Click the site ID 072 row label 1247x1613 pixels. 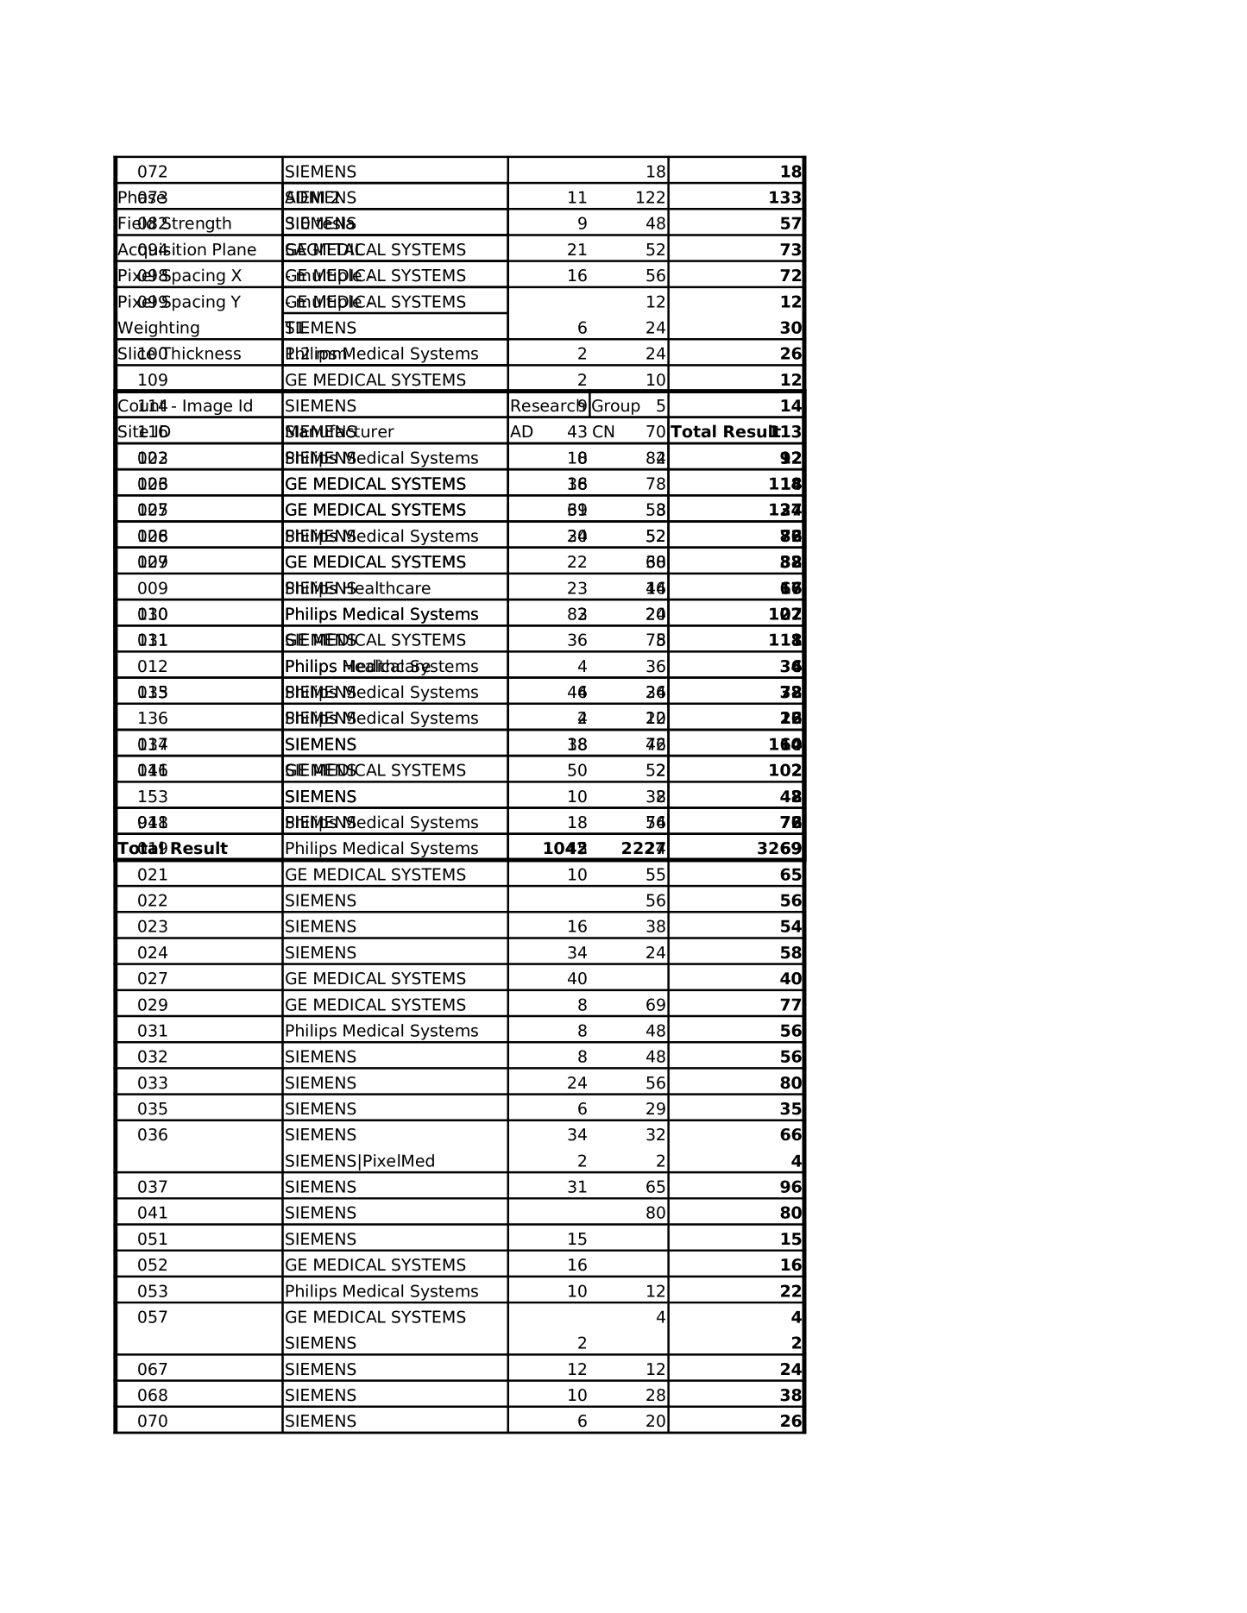click(153, 172)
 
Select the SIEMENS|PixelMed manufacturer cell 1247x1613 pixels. click(360, 1161)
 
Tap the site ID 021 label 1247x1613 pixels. click(153, 875)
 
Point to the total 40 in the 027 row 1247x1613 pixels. click(790, 979)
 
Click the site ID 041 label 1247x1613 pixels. click(153, 1213)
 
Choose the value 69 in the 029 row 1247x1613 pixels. click(655, 1005)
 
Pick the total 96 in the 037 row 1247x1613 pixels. click(790, 1187)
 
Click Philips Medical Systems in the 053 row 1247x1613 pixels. click(381, 1291)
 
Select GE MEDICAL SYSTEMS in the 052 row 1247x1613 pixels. click(375, 1265)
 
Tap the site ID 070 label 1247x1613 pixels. click(153, 1422)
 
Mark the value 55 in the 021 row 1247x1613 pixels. click(655, 875)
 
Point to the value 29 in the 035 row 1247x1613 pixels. click(655, 1109)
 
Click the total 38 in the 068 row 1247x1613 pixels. click(790, 1396)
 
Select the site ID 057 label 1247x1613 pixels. click(153, 1317)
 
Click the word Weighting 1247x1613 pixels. click(159, 328)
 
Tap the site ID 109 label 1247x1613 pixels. click(153, 380)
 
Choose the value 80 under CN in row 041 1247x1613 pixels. click(655, 1213)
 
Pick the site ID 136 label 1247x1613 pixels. click(153, 719)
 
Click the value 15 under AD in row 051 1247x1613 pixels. click(576, 1240)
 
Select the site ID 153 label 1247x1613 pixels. click(153, 797)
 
